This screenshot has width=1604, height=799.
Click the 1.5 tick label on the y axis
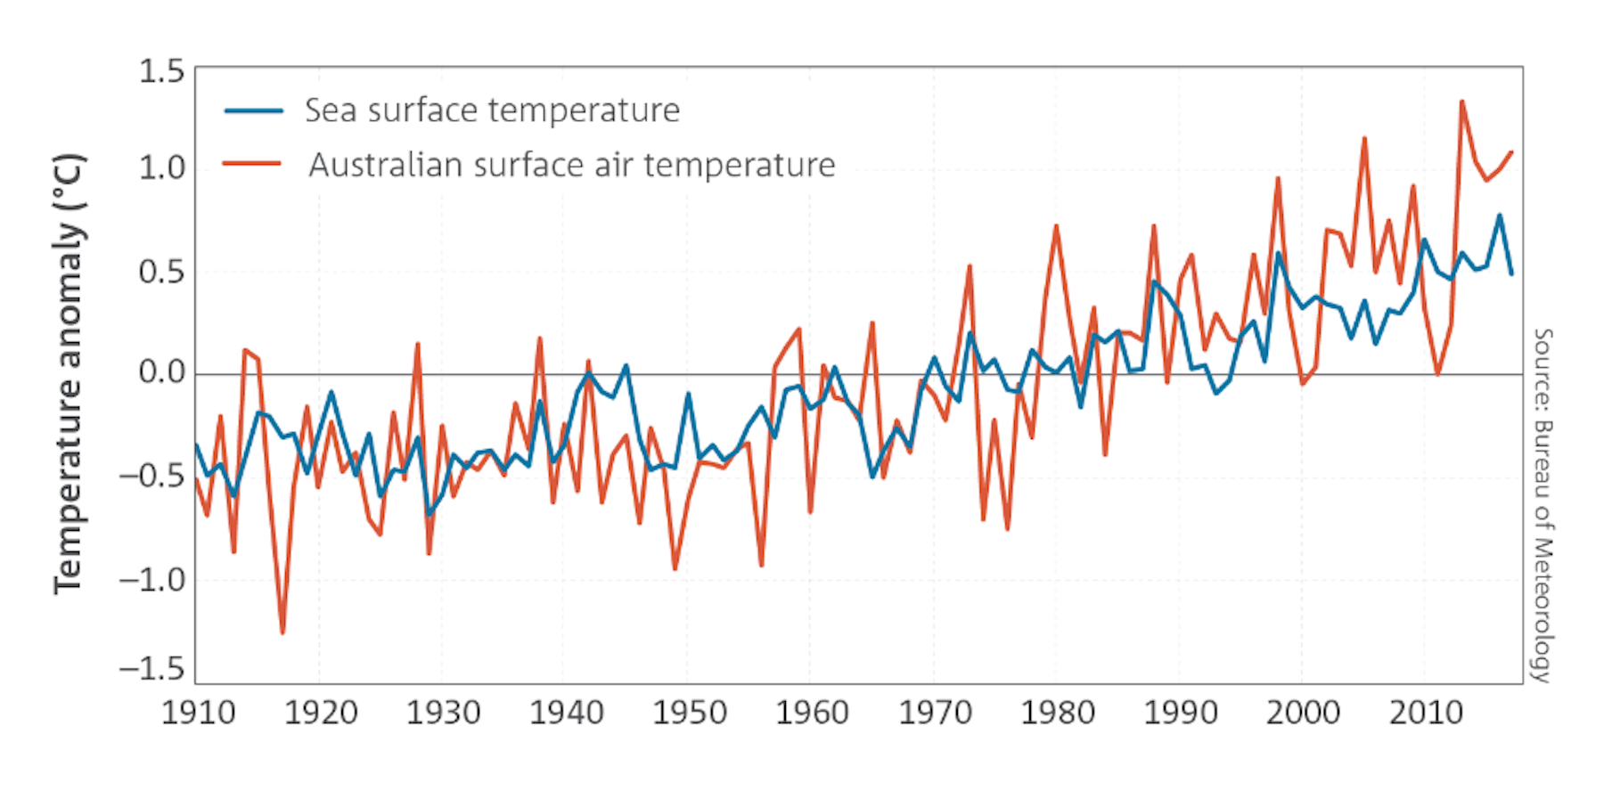[x=160, y=71]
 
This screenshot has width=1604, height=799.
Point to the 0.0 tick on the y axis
[x=160, y=372]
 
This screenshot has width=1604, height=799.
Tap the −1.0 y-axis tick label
[x=151, y=580]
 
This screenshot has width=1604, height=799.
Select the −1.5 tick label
[x=151, y=669]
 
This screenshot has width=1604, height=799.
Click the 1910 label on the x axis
[x=198, y=713]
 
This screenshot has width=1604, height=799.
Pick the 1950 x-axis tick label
[x=690, y=713]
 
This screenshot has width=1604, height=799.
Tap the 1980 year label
[x=1057, y=713]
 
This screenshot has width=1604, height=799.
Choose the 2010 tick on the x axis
[x=1426, y=713]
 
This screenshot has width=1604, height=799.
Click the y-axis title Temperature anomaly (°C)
[x=69, y=374]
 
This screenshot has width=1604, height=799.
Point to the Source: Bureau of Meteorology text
[x=1543, y=504]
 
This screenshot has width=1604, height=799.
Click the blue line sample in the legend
[x=253, y=111]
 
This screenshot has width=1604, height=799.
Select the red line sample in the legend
[x=252, y=164]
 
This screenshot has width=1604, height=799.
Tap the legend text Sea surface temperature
[x=492, y=111]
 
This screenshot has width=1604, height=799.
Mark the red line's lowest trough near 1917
[x=282, y=632]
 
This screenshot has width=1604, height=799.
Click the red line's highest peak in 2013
[x=1461, y=102]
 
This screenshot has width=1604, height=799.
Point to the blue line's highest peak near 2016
[x=1499, y=215]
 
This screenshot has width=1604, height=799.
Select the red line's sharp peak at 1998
[x=1278, y=178]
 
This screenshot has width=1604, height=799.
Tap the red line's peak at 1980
[x=1056, y=226]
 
